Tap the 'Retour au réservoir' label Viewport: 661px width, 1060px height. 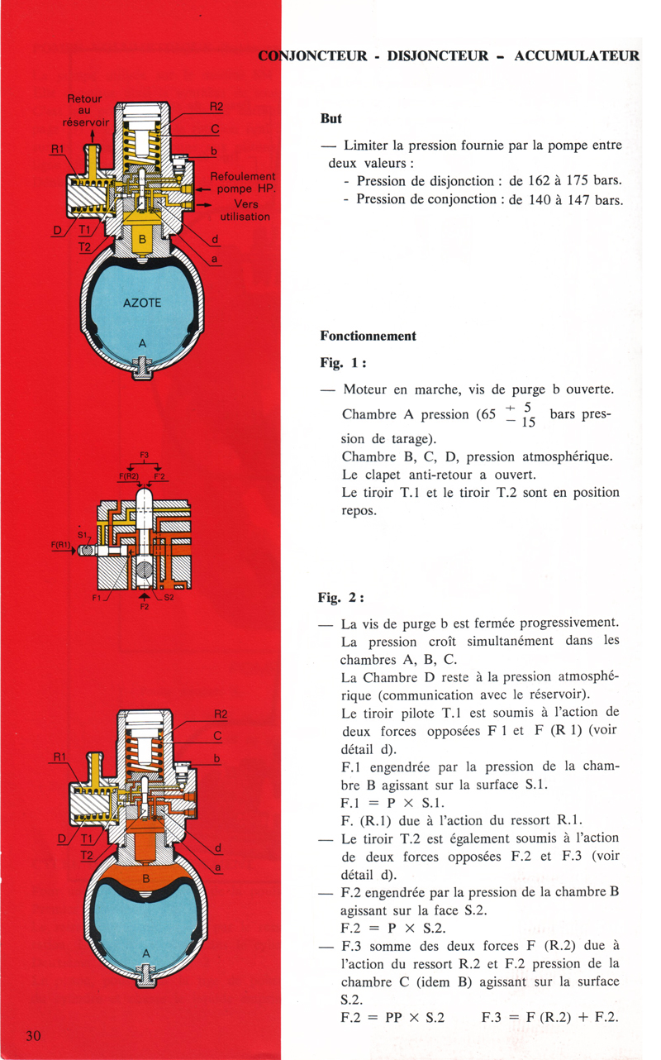pyautogui.click(x=83, y=109)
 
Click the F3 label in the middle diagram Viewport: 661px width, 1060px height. pyautogui.click(x=145, y=453)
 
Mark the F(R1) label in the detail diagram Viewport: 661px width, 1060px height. pyautogui.click(x=62, y=544)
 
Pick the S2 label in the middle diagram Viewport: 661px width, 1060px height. pyautogui.click(x=170, y=597)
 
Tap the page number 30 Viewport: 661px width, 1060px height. pyautogui.click(x=34, y=1038)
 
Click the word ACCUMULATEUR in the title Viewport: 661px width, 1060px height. pyautogui.click(x=577, y=57)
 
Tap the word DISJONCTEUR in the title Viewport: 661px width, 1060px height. pyautogui.click(x=434, y=57)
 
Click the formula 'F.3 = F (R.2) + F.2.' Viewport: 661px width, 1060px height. pyautogui.click(x=550, y=1018)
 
